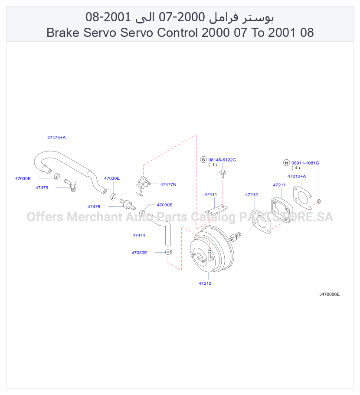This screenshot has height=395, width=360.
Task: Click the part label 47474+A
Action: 56,138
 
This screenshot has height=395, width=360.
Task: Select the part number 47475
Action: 42,188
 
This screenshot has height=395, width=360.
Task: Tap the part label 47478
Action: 94,207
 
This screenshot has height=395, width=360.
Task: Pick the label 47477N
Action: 168,184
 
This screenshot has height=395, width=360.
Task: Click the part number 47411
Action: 210,194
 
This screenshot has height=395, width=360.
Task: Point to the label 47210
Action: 205,283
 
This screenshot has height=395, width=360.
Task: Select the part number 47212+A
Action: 297,176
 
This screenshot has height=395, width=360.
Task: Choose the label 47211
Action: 279,185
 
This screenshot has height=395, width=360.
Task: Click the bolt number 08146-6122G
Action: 223,160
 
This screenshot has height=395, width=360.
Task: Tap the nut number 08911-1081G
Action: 305,163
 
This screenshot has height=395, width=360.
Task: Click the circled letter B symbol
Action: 203,160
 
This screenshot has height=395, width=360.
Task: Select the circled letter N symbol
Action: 287,163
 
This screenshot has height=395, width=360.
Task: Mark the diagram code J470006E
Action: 330,294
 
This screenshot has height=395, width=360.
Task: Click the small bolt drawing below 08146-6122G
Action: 223,174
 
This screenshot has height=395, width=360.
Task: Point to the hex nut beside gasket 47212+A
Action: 319,201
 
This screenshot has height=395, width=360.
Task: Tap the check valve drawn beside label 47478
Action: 128,204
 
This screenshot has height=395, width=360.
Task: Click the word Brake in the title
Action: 63,33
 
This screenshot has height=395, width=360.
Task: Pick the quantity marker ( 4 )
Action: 296,168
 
